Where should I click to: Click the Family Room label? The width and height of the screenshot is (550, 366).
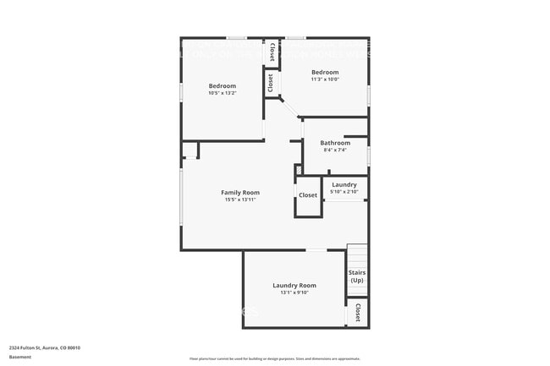click(x=240, y=193)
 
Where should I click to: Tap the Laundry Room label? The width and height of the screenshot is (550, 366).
click(x=294, y=286)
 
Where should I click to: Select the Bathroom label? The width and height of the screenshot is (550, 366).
click(x=335, y=143)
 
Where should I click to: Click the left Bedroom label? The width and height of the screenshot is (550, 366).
click(x=223, y=86)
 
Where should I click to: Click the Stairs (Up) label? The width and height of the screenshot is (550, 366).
click(x=357, y=276)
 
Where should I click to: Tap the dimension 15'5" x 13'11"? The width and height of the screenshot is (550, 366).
click(x=240, y=200)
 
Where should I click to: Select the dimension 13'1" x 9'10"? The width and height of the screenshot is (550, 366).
click(x=294, y=293)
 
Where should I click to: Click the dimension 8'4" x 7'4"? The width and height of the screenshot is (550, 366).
click(x=335, y=150)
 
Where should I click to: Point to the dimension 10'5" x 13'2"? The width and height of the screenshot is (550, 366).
click(x=223, y=93)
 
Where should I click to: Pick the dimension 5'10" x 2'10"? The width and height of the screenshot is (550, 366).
click(x=344, y=192)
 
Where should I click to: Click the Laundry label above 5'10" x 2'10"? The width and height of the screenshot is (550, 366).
click(x=344, y=184)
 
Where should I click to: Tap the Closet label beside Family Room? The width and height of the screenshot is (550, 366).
click(x=308, y=195)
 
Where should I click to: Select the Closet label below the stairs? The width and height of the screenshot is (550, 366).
click(x=358, y=312)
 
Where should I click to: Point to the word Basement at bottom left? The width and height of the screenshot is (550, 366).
click(x=20, y=357)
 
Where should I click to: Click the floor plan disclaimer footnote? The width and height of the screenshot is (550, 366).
click(x=274, y=359)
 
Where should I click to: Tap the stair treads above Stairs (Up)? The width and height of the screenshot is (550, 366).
click(x=357, y=256)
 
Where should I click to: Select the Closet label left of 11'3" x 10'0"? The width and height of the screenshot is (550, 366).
click(x=271, y=84)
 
